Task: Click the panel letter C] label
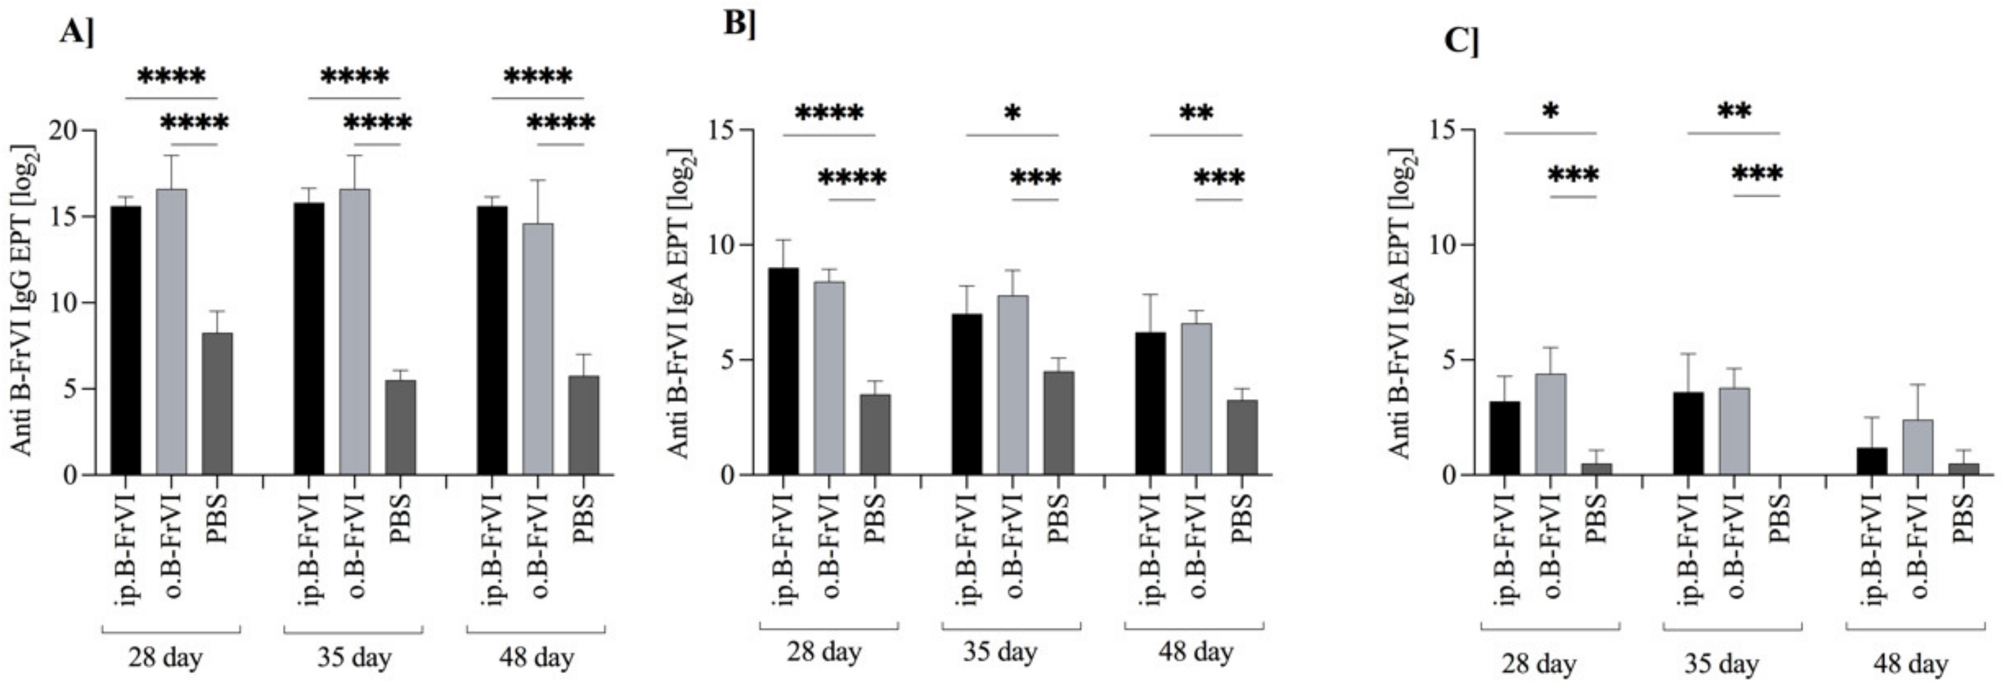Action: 1461,40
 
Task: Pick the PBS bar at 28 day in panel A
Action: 217,404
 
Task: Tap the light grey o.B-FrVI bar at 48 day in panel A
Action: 537,350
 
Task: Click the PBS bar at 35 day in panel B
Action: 1058,423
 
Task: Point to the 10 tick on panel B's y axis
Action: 724,245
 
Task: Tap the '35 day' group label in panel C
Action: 1720,664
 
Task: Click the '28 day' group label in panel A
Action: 165,658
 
